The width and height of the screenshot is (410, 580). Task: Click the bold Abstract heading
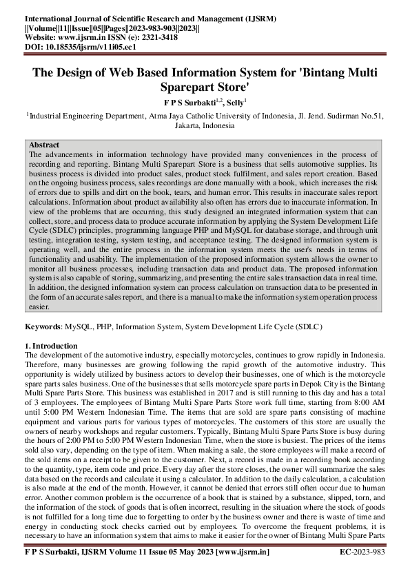pyautogui.click(x=44, y=145)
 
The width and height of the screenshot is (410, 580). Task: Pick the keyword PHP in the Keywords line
pyautogui.click(x=110, y=325)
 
